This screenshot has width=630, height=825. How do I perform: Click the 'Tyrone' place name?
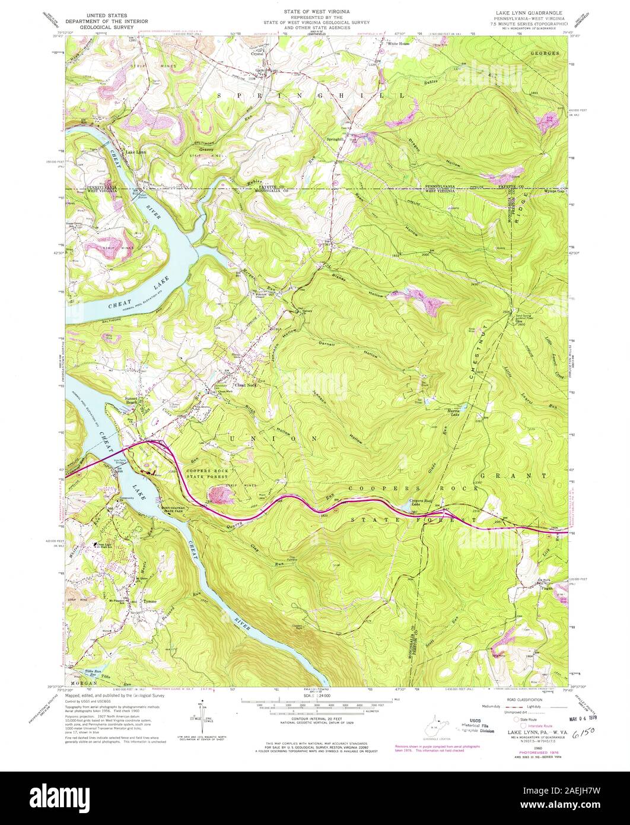(x=150, y=601)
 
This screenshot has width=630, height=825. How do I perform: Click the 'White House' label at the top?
(x=399, y=43)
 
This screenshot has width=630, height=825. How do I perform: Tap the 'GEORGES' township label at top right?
(x=544, y=53)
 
